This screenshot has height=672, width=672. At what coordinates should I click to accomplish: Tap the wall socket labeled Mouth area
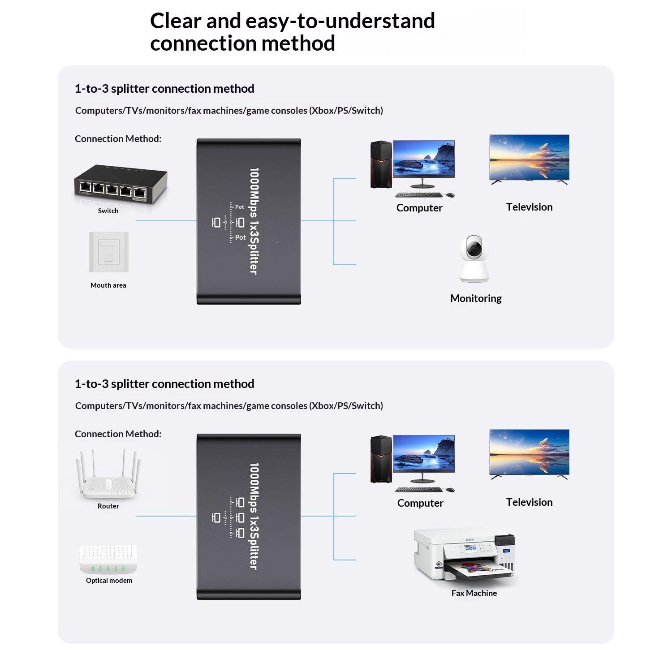click(x=108, y=252)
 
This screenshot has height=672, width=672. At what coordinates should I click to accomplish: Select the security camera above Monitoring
click(x=474, y=258)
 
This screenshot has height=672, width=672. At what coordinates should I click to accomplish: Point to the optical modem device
click(x=108, y=559)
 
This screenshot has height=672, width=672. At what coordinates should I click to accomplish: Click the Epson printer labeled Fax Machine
click(x=464, y=556)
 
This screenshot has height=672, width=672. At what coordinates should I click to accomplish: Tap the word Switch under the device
click(x=108, y=211)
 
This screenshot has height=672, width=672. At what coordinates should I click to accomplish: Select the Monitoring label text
click(x=476, y=298)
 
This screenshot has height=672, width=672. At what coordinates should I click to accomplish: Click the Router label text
click(x=108, y=506)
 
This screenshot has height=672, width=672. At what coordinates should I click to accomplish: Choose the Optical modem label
click(x=109, y=581)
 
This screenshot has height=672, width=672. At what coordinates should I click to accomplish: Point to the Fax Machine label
click(x=474, y=593)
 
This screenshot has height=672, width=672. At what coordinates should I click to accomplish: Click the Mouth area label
click(x=108, y=285)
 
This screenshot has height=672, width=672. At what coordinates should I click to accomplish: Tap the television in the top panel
click(x=529, y=158)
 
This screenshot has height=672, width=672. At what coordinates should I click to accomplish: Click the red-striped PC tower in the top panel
click(x=381, y=164)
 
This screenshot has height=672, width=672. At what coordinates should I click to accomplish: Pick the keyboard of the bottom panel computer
click(x=418, y=490)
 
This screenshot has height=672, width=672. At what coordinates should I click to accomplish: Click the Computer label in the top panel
click(x=419, y=208)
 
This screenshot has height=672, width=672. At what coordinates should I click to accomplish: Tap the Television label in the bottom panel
click(x=529, y=502)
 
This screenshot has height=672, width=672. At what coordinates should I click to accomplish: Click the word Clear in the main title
click(x=176, y=21)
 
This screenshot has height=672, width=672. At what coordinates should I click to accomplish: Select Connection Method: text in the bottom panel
click(x=118, y=434)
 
